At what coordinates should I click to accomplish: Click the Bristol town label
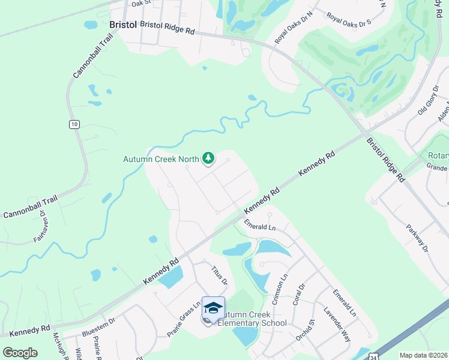[x=124, y=25]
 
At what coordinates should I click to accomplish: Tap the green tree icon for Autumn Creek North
[x=208, y=158]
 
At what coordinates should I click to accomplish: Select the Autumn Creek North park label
[x=161, y=160]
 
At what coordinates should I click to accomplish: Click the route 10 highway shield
[x=73, y=124]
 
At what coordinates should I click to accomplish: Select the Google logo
[x=20, y=352]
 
